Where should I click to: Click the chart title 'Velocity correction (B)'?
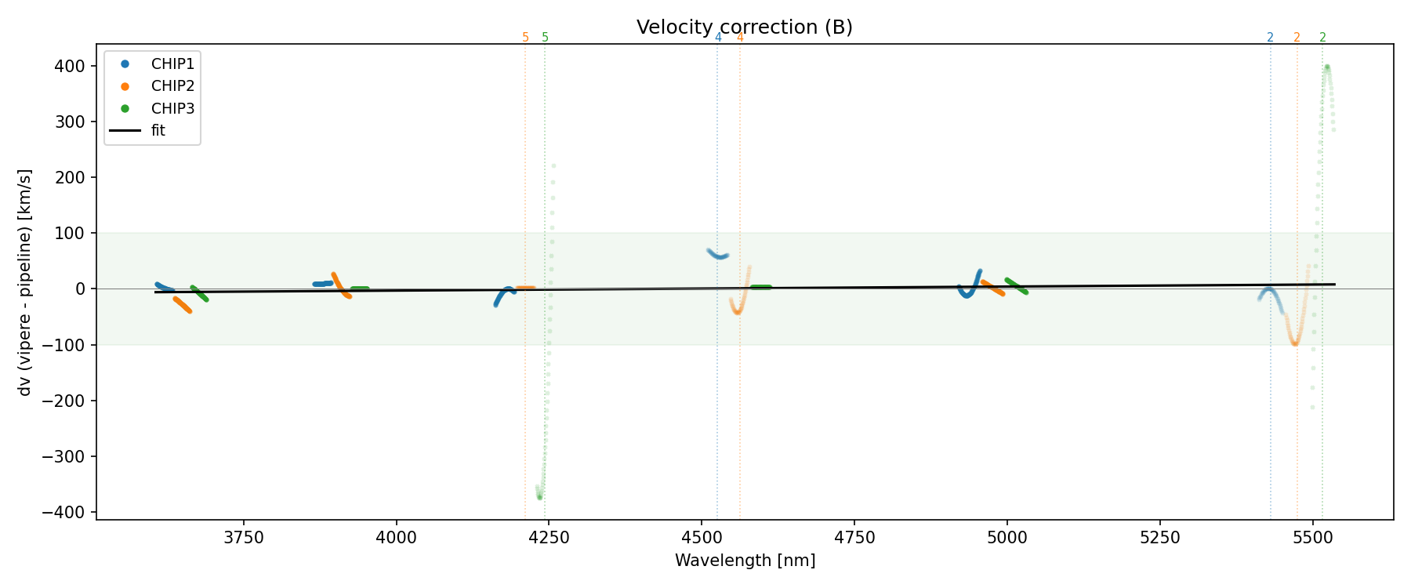tap(744, 27)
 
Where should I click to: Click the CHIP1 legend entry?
tap(172, 64)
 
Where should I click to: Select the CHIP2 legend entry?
tap(172, 86)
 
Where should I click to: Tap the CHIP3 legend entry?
tap(172, 108)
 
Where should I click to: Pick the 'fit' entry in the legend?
tap(158, 131)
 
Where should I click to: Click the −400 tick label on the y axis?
tap(70, 512)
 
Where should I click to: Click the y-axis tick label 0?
tap(80, 289)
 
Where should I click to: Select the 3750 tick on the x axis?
tap(244, 537)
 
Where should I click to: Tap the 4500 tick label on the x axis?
tap(702, 537)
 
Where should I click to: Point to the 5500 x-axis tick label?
tap(1312, 537)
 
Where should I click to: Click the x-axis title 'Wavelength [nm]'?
tap(745, 561)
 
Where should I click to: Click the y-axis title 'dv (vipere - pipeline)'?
tap(25, 282)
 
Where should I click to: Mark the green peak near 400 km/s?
tap(1326, 67)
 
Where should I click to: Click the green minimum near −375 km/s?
tap(539, 496)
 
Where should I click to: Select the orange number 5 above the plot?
tap(525, 38)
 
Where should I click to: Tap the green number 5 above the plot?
tap(545, 38)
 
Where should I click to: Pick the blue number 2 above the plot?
tap(1270, 38)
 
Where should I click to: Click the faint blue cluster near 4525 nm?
tap(717, 255)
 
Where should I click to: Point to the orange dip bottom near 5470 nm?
tap(1294, 343)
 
